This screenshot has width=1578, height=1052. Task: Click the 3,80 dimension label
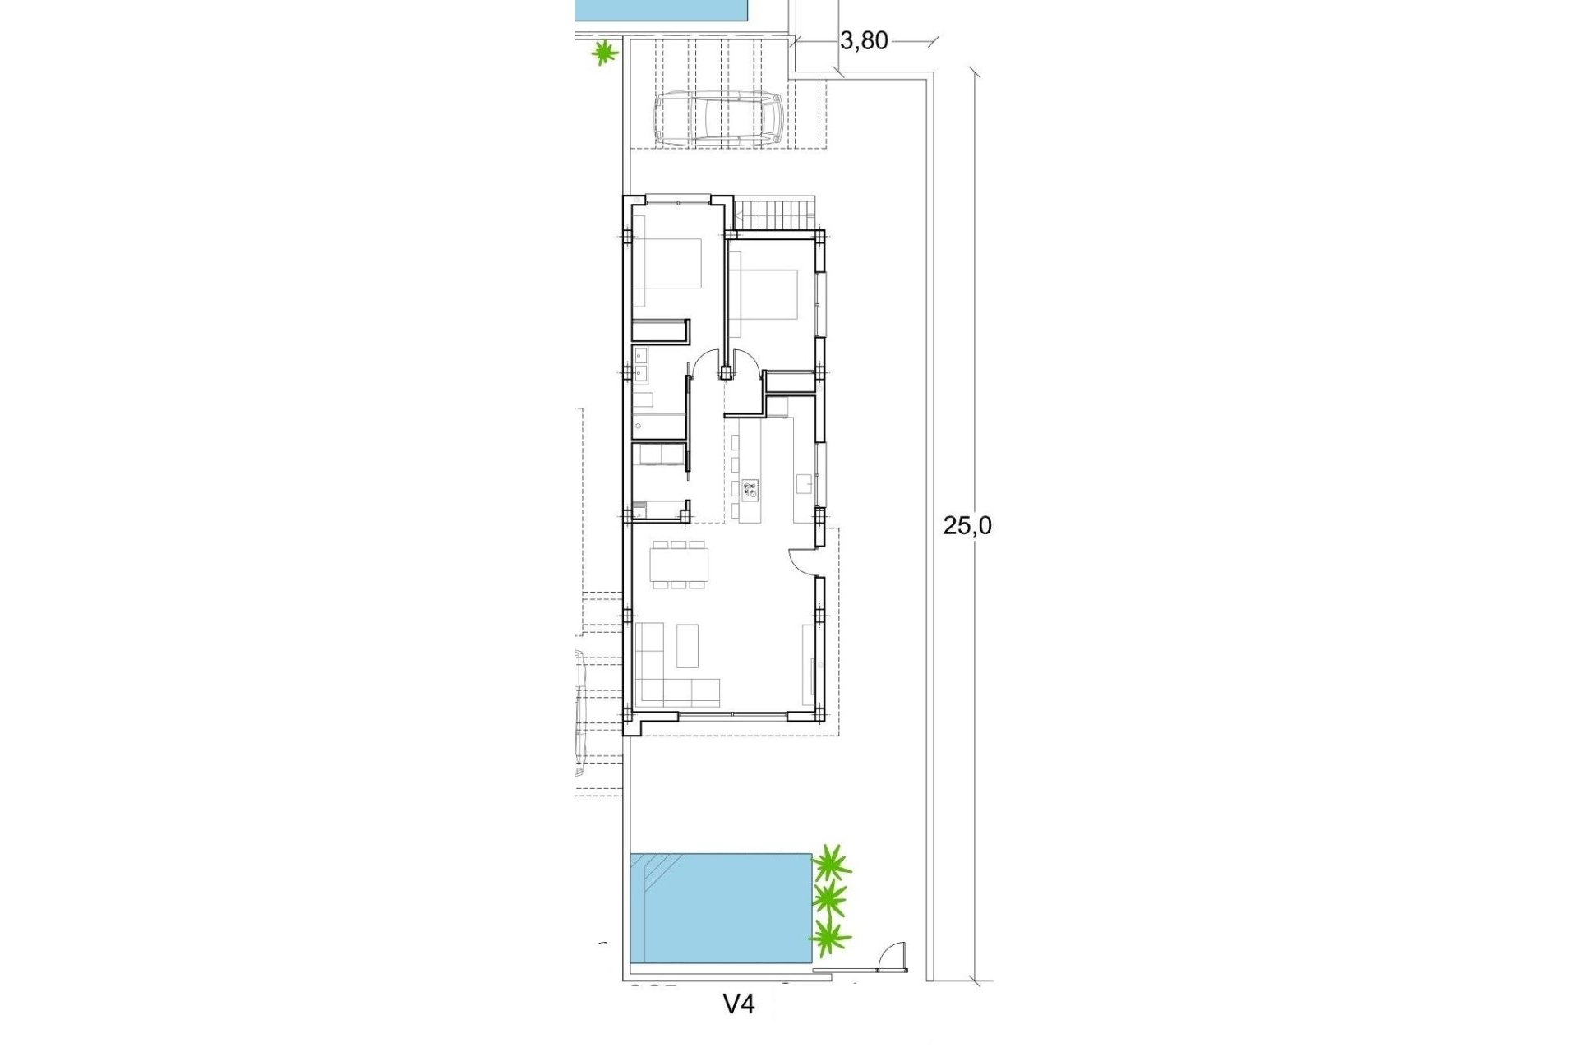pos(864,40)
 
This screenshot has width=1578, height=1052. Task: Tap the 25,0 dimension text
pos(967,526)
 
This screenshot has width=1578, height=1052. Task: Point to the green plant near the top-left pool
pos(605,53)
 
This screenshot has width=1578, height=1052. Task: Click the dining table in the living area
pos(678,565)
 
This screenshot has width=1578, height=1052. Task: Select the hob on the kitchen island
pos(750,491)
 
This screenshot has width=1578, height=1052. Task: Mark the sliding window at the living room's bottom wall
pos(733,716)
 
